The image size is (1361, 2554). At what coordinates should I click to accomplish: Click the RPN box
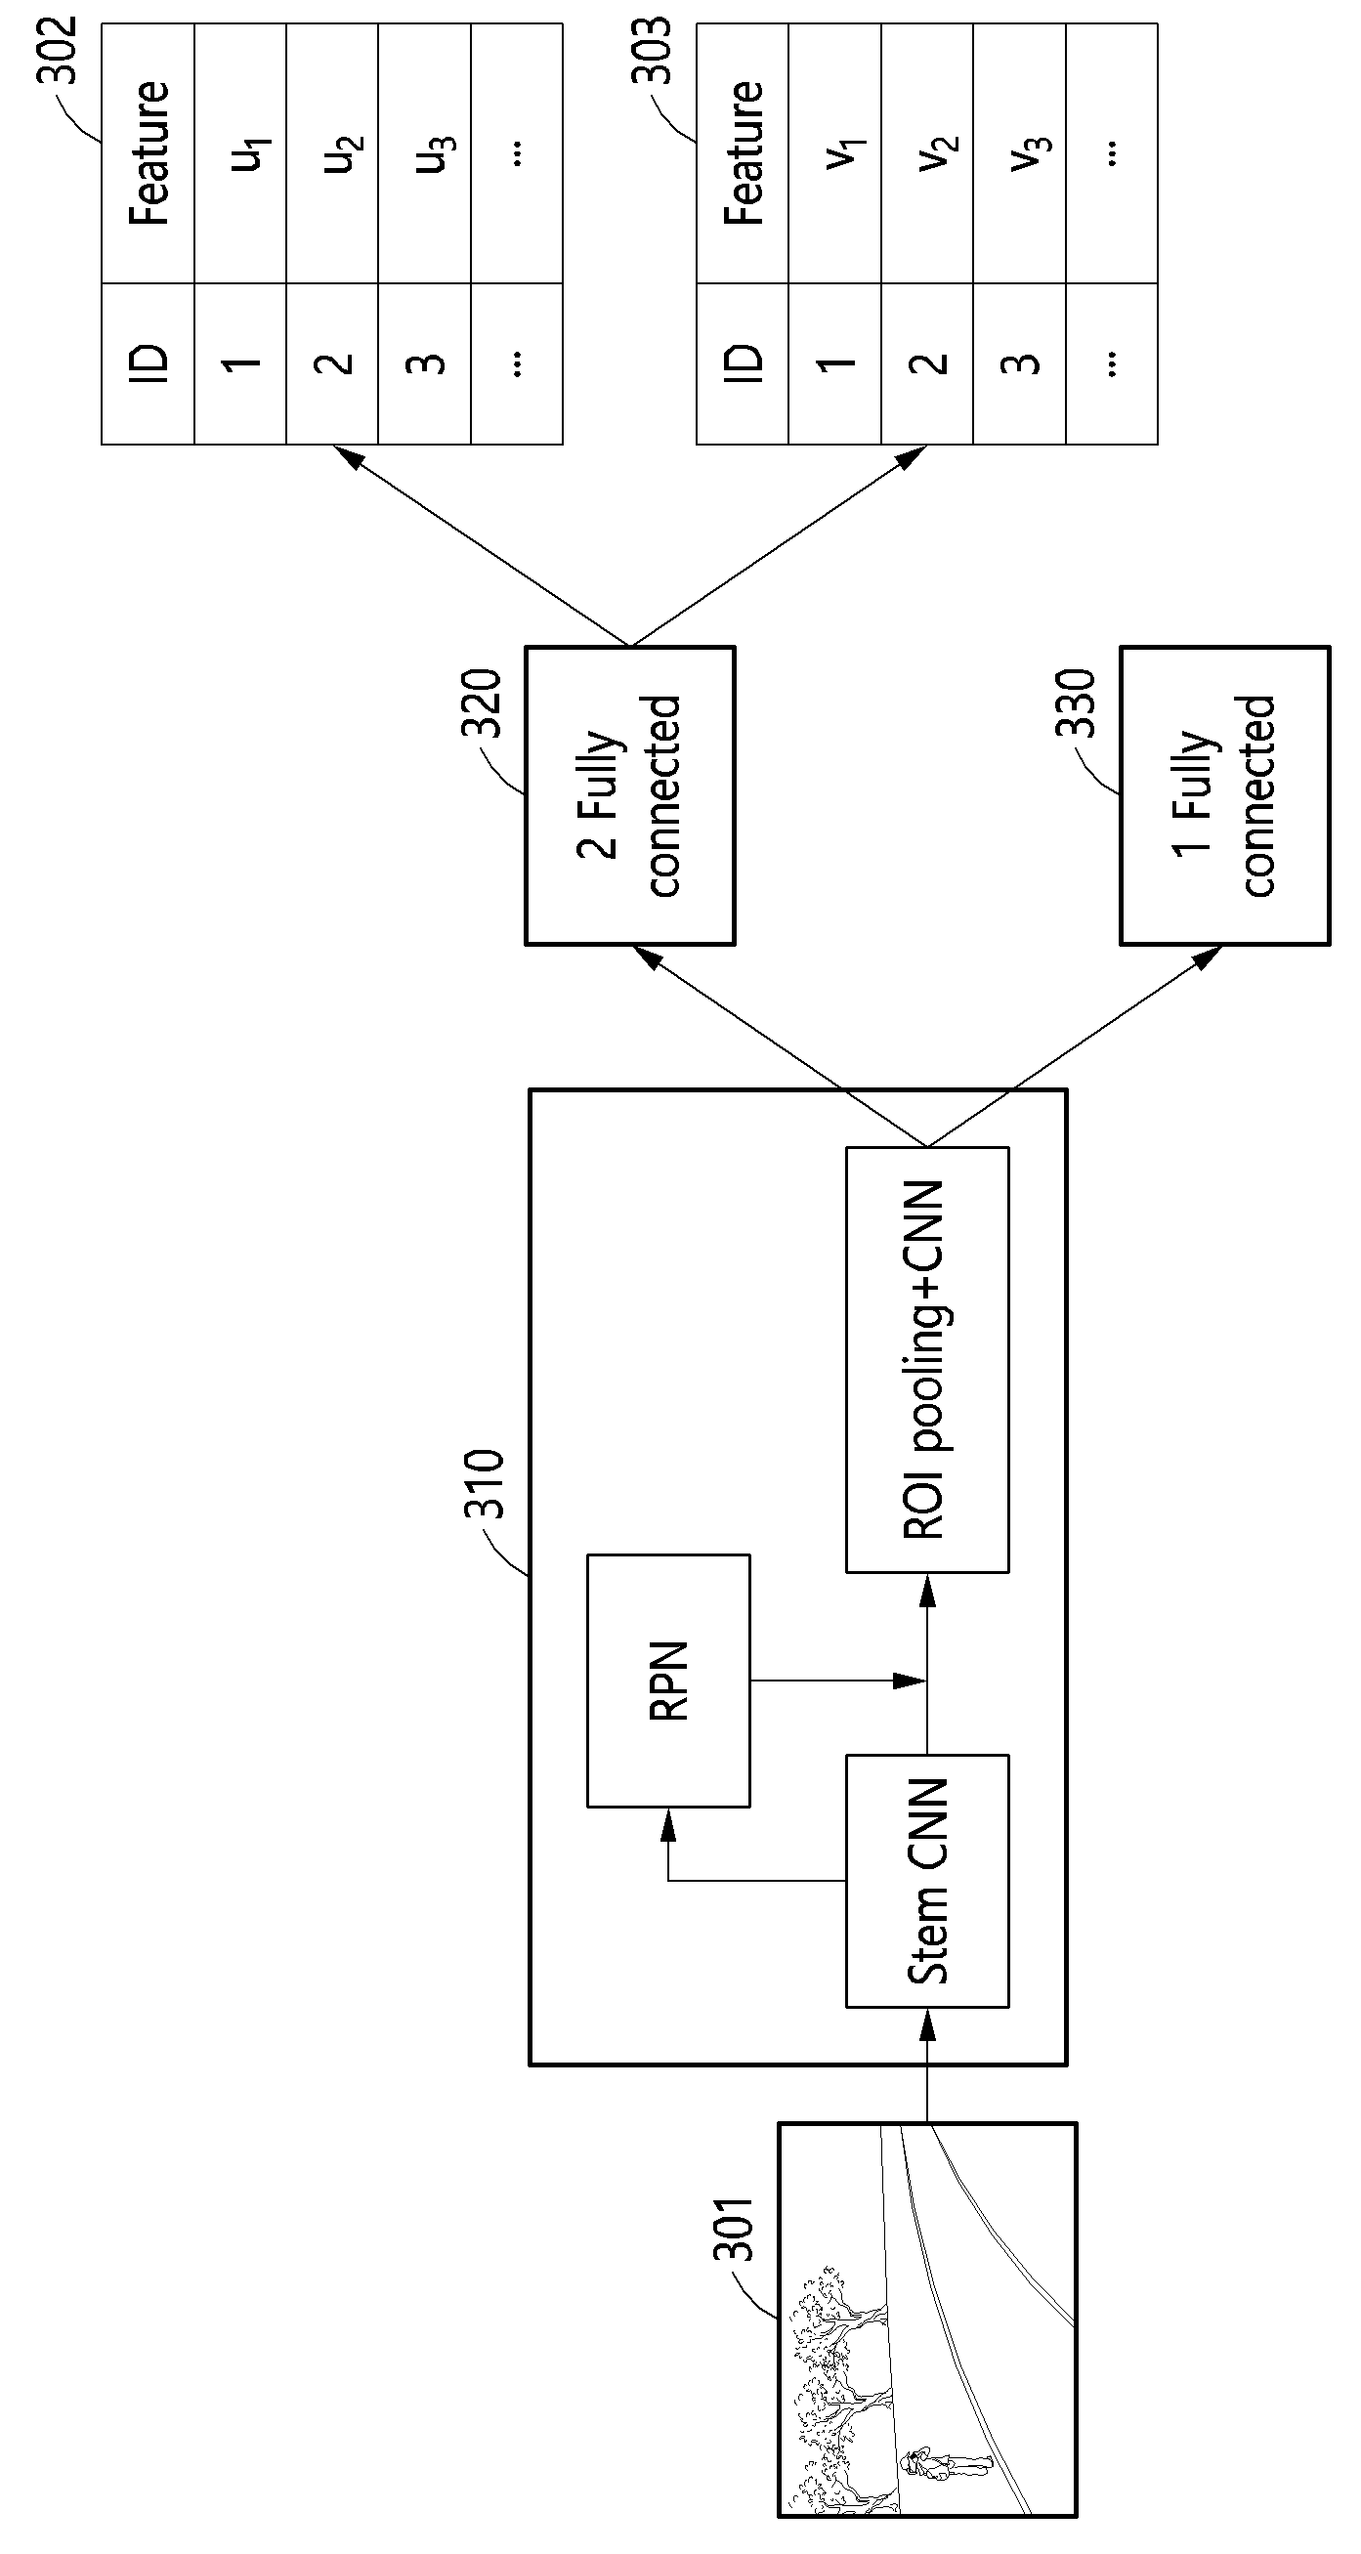tap(668, 1681)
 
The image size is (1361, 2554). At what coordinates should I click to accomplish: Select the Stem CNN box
tap(927, 1881)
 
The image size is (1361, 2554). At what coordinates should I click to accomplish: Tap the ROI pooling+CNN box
tap(927, 1360)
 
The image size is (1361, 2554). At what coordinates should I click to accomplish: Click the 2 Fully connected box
tap(629, 795)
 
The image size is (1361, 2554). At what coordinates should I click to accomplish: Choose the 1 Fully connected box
tap(1225, 795)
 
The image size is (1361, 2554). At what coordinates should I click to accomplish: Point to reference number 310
tap(485, 1483)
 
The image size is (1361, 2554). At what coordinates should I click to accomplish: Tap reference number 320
tap(482, 702)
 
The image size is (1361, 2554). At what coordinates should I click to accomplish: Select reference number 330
tap(1076, 702)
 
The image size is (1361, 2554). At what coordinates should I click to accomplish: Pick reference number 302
tap(57, 51)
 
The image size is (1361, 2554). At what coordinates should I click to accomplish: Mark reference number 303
tap(652, 51)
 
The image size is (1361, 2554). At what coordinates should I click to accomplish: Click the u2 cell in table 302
tap(332, 153)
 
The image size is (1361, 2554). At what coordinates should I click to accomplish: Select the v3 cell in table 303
tap(1019, 153)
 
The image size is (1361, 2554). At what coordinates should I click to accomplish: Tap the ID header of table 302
tap(148, 363)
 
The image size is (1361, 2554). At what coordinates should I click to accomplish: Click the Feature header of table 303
tap(743, 153)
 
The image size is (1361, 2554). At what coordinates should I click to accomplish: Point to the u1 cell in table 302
tap(240, 153)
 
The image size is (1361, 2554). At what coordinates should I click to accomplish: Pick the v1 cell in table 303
tap(834, 153)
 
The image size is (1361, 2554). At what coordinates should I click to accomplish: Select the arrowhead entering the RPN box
tap(668, 1820)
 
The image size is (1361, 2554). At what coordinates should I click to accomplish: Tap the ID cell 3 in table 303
tap(1019, 363)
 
